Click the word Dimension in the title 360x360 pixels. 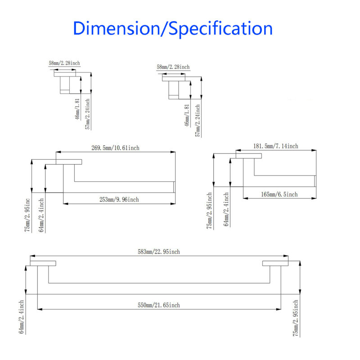point(117,28)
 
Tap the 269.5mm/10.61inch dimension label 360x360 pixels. point(115,148)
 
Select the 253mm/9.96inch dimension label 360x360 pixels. point(119,199)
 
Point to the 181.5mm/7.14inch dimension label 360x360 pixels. point(276,146)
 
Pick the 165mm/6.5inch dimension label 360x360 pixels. point(279,194)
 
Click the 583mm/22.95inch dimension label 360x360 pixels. point(159,252)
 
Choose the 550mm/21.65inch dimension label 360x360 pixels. point(159,306)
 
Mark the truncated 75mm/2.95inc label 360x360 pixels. point(27,215)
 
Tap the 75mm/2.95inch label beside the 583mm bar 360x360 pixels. point(296,318)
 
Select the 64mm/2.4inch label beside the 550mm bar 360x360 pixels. point(21,317)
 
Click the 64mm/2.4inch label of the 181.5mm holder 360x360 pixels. point(226,209)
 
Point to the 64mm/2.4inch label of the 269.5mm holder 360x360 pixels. point(41,216)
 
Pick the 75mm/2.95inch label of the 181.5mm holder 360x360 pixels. point(209,211)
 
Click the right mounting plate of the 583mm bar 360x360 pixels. point(275,263)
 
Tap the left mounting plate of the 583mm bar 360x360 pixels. point(43,263)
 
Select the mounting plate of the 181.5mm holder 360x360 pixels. point(249,156)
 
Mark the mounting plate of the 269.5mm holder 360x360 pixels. point(69,162)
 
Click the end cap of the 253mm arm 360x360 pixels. point(174,187)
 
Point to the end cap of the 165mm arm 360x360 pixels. point(315,181)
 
